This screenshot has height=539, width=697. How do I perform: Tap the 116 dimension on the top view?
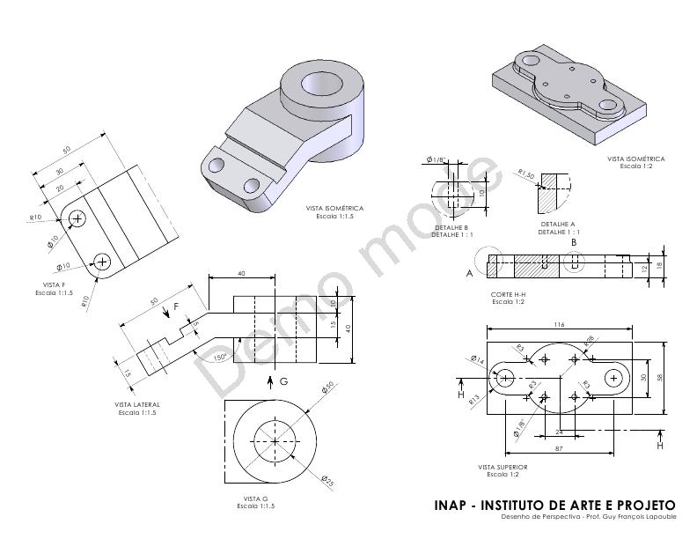click(559, 325)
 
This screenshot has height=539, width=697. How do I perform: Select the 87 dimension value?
click(559, 449)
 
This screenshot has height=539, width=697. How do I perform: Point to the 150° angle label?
click(217, 357)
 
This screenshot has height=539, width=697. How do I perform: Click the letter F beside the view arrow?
click(175, 306)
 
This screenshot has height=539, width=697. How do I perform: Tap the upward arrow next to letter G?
click(270, 380)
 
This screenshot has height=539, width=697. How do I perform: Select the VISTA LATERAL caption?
click(136, 405)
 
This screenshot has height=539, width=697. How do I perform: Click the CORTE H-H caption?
click(509, 294)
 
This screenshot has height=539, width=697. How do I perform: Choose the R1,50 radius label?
click(526, 174)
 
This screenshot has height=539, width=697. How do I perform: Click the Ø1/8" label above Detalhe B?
click(437, 159)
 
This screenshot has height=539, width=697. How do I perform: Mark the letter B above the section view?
click(574, 241)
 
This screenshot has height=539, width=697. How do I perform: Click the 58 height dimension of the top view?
click(668, 376)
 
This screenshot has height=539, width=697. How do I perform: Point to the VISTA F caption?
click(54, 285)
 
